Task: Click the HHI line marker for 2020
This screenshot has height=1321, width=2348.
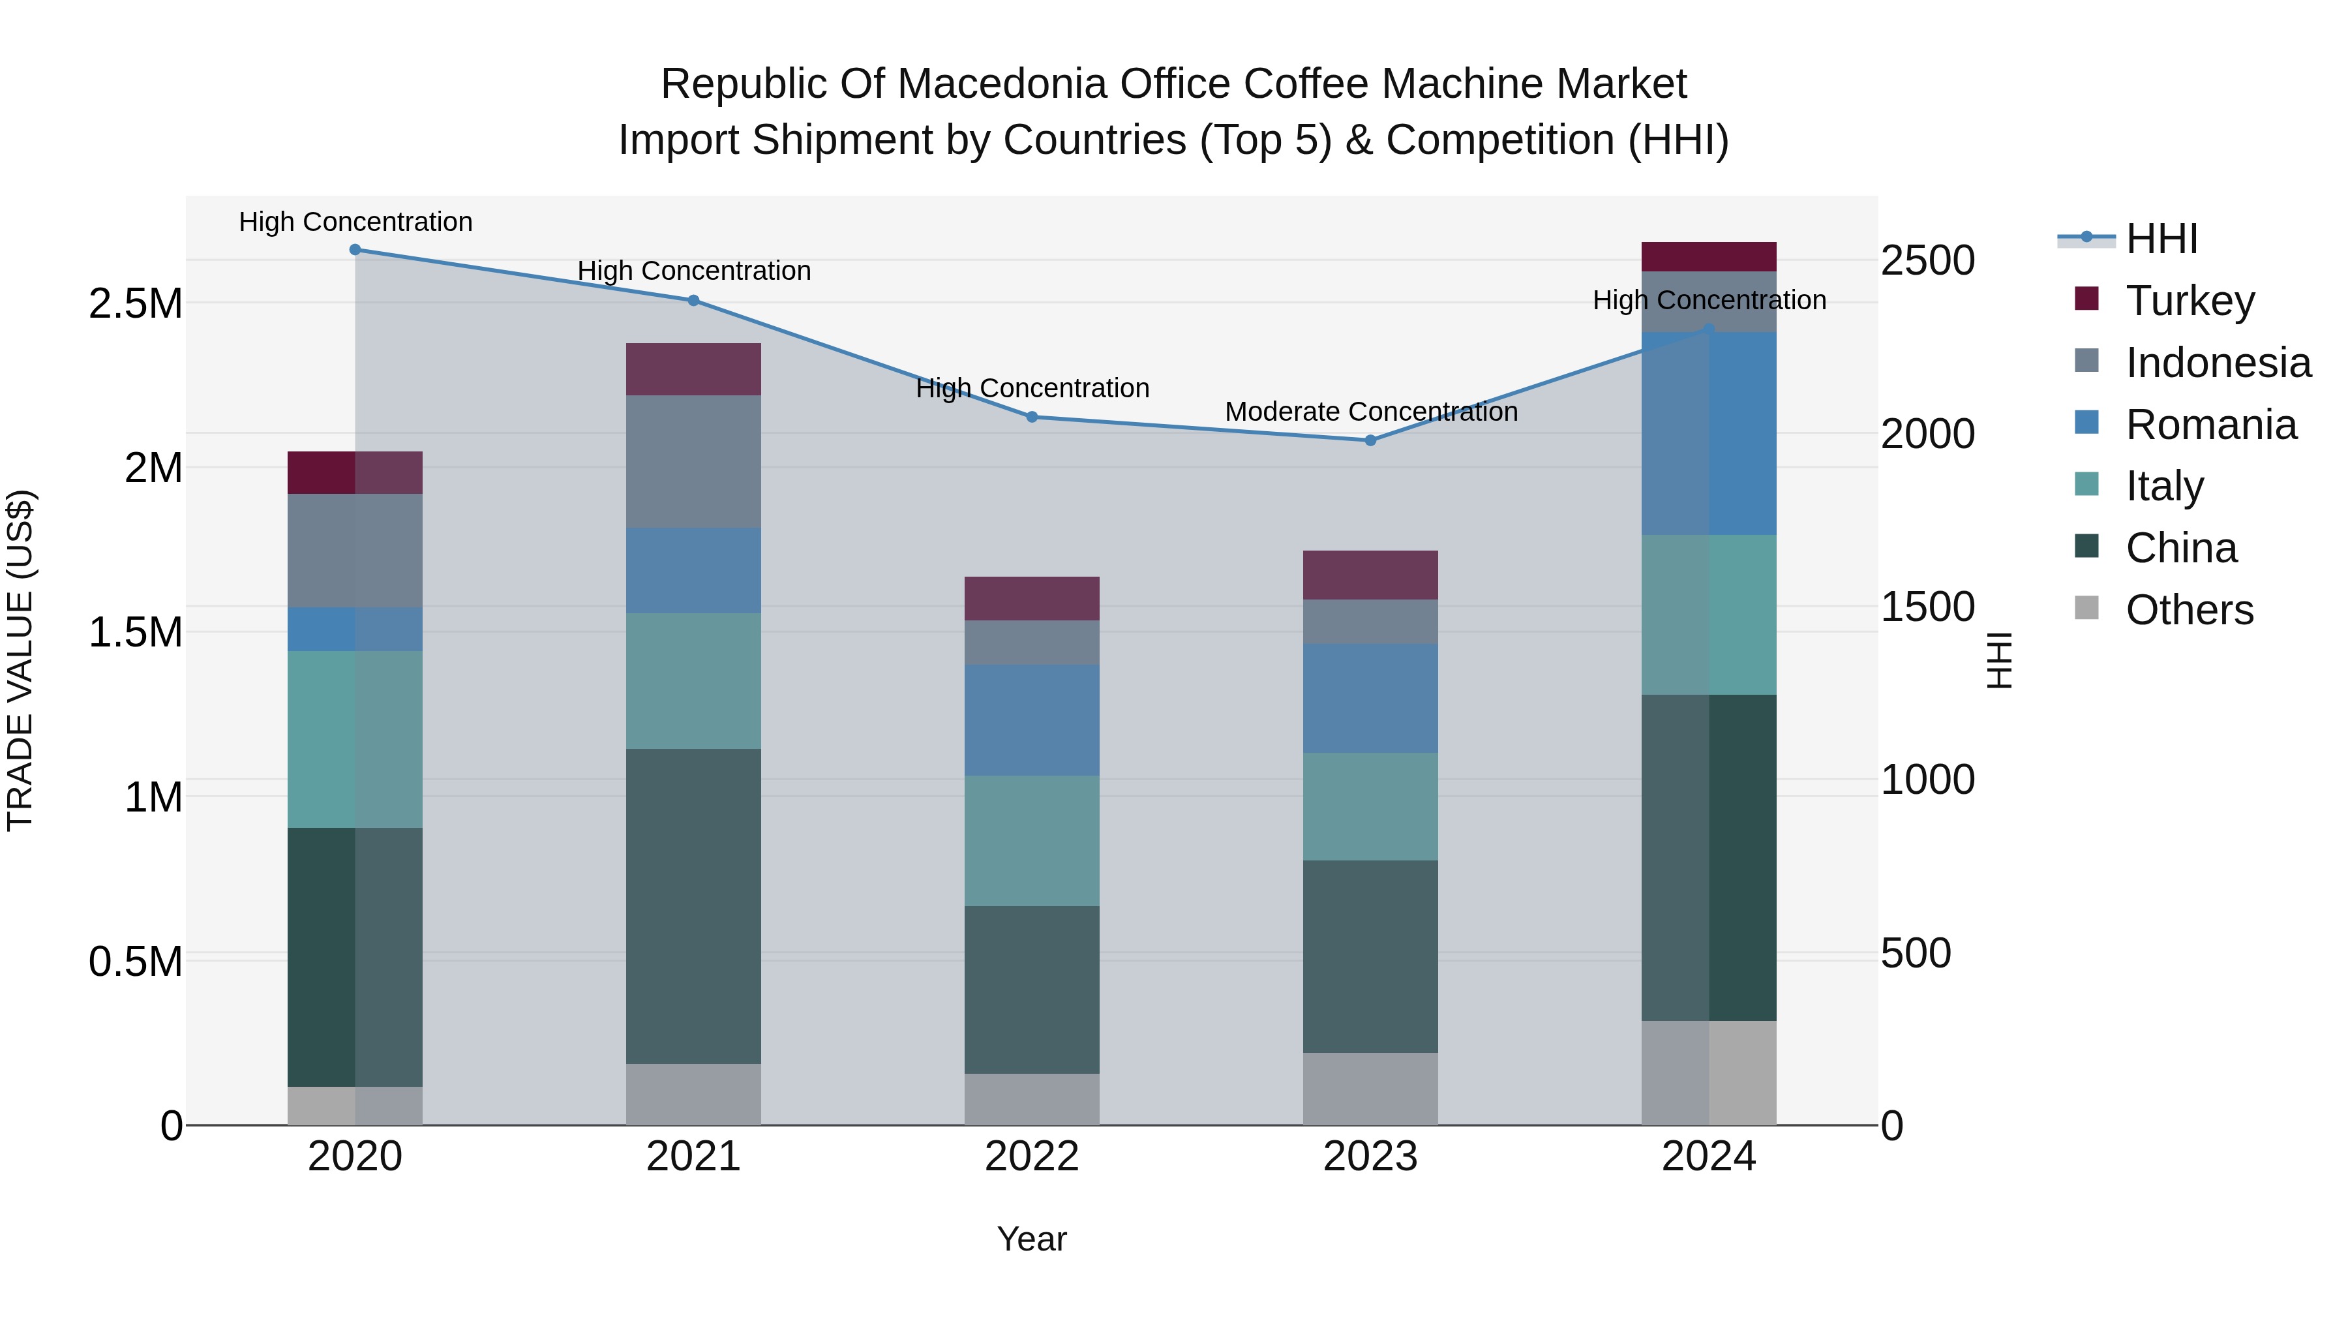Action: coord(355,250)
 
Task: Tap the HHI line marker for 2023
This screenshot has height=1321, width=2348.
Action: coord(1370,440)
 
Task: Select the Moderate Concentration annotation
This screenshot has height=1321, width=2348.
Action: coord(1371,412)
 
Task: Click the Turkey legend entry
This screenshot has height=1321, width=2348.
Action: coord(2190,301)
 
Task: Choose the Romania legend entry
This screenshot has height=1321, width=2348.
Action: coord(2210,425)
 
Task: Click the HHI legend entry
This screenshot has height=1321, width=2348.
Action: coord(2161,239)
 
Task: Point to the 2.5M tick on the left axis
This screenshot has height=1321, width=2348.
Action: coord(136,303)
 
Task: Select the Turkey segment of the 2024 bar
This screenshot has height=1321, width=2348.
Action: coord(1708,256)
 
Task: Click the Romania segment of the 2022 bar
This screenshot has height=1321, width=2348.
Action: coord(1032,720)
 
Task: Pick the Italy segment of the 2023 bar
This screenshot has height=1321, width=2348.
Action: coord(1370,807)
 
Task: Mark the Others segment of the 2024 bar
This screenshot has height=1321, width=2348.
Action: coord(1708,1073)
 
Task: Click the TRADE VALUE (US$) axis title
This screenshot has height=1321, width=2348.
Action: coord(20,660)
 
